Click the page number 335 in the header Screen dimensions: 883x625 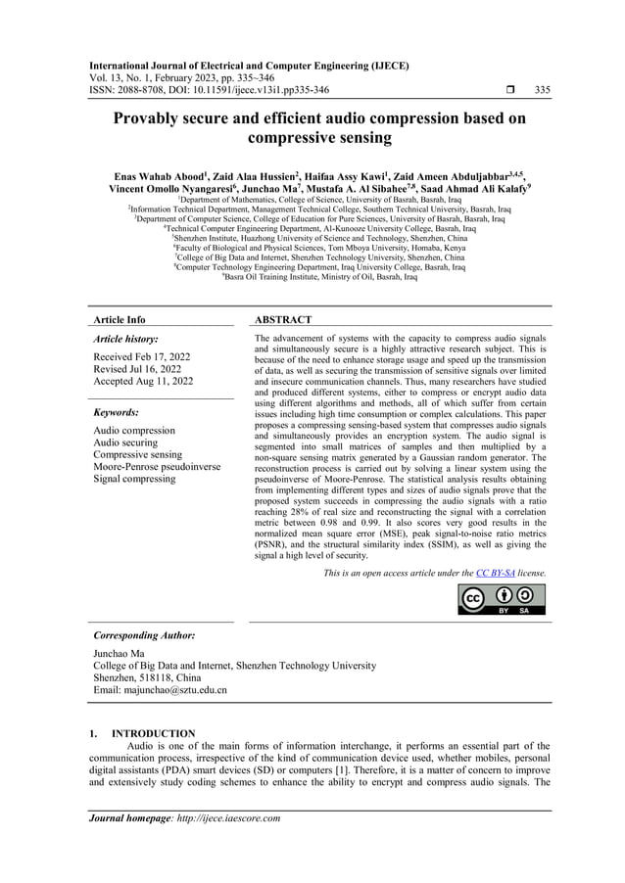tap(543, 90)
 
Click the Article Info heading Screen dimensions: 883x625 tap(119, 320)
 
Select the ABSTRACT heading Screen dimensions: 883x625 tap(283, 320)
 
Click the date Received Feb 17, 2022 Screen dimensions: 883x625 tap(141, 356)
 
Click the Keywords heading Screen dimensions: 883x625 tap(116, 412)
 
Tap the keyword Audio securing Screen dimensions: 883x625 tap(126, 442)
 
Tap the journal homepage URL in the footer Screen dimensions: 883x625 tap(218, 818)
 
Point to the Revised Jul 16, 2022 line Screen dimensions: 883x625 tap(137, 369)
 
